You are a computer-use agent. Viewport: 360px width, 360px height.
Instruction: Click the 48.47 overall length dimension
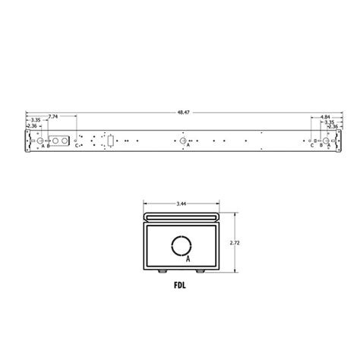click(x=183, y=112)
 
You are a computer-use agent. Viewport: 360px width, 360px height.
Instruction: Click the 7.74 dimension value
click(x=52, y=116)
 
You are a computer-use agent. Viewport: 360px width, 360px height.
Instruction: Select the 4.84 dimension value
click(x=322, y=116)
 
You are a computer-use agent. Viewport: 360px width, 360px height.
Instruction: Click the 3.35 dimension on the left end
click(x=35, y=121)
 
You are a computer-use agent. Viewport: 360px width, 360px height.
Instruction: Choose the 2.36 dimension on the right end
click(x=331, y=126)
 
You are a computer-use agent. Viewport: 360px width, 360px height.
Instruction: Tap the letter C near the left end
click(x=76, y=146)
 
